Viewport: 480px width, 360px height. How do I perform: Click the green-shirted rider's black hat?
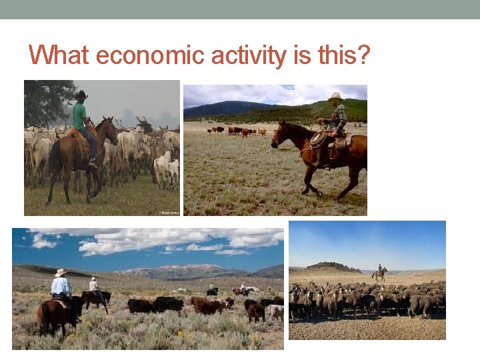81,95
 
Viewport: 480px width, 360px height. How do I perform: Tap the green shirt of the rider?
80,116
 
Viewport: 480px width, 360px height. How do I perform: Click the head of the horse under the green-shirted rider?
108,130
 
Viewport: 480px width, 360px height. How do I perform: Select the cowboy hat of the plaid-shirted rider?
335,97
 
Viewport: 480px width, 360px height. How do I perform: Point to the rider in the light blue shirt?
61,287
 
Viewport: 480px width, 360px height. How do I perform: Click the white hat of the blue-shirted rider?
61,272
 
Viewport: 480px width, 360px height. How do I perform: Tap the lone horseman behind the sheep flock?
380,273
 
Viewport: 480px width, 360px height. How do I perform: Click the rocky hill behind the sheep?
333,267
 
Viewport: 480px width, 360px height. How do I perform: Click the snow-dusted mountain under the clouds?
180,270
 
